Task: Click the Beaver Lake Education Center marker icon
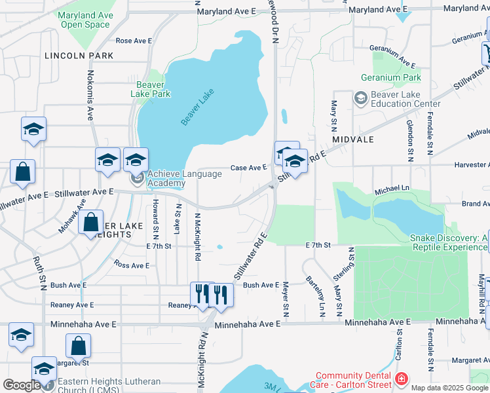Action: pos(360,99)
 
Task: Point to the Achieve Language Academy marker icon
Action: pos(137,178)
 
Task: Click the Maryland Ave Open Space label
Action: pos(85,20)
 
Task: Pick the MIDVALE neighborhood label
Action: pos(352,140)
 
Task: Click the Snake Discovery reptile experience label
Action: pos(449,242)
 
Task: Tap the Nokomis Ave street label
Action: pos(90,95)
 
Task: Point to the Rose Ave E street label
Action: pos(134,41)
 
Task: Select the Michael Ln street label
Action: pos(391,189)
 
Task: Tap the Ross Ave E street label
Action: pos(131,265)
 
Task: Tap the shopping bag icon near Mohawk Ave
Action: pos(91,223)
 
